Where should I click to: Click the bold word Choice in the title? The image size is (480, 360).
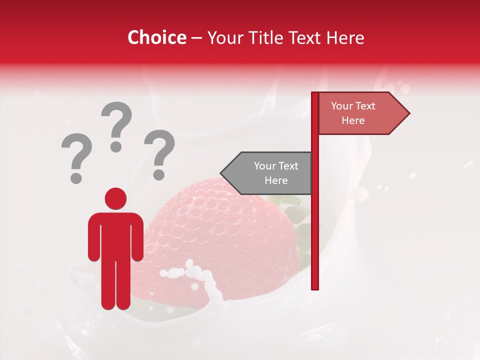[156, 37]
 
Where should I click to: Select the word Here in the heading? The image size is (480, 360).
[345, 37]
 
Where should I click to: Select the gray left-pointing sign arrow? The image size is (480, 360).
[267, 173]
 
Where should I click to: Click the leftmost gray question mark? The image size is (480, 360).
[76, 157]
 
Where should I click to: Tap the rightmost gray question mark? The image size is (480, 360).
[159, 153]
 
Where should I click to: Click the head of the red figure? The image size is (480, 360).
[115, 198]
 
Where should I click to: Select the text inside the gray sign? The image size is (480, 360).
[275, 173]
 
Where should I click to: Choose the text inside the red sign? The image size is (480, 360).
[353, 113]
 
